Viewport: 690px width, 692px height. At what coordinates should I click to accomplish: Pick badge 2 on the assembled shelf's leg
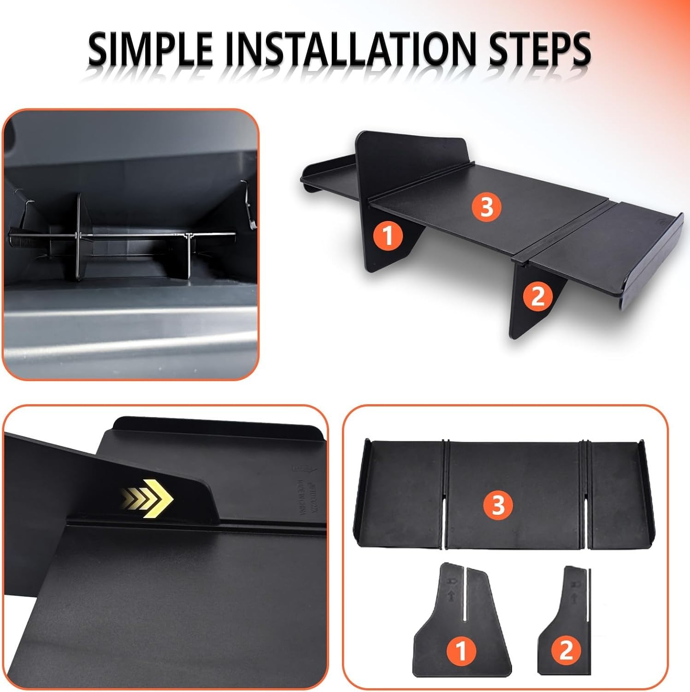(x=538, y=296)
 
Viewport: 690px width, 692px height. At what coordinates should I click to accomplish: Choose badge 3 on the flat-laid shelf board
(x=498, y=505)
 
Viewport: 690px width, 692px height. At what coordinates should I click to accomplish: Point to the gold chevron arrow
(x=147, y=498)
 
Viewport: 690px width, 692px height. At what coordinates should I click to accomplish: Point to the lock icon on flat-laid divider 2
(x=574, y=585)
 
